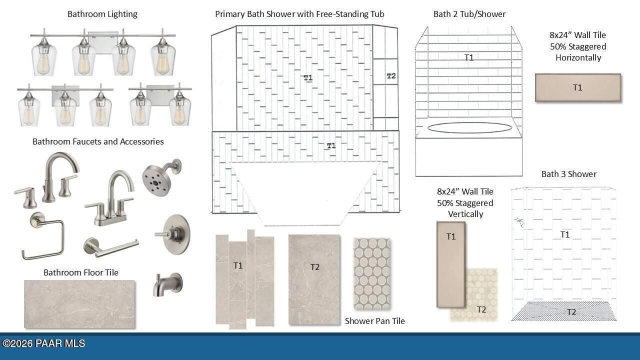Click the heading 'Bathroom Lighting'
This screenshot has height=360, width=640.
click(102, 14)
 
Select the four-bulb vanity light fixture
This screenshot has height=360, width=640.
click(103, 52)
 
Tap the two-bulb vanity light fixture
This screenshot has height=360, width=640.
click(160, 104)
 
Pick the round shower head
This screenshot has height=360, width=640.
click(161, 177)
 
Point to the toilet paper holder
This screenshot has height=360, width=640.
click(111, 247)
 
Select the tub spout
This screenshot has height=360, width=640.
click(167, 284)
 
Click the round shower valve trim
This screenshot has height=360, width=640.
click(173, 234)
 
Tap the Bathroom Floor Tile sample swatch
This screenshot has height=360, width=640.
click(79, 304)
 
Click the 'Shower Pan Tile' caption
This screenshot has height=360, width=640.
click(374, 321)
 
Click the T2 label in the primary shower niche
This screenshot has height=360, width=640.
click(391, 76)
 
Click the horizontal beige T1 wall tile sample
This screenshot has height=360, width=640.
click(577, 87)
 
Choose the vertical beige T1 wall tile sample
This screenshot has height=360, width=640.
click(451, 264)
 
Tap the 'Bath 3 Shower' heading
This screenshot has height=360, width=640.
click(569, 174)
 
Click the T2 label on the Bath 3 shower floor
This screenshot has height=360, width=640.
click(571, 311)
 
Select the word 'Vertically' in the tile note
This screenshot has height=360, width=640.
click(465, 214)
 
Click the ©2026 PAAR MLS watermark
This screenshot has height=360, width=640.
click(43, 343)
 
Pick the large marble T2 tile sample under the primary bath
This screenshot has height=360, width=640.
click(314, 279)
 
